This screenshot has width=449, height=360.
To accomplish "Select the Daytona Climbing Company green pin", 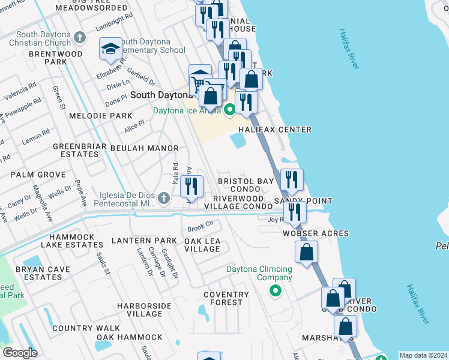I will point(276,291).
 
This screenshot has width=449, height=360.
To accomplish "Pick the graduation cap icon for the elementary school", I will point(110,49).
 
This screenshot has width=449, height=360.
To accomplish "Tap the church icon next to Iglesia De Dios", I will point(164,197).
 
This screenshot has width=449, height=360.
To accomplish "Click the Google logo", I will point(20,353).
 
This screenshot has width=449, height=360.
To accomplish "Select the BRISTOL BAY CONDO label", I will point(246,185).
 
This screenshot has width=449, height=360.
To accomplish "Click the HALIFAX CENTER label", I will point(275,130).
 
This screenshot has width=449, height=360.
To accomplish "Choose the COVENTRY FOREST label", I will point(226,298).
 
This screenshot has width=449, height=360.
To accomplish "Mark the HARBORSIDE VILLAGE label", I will point(136,309).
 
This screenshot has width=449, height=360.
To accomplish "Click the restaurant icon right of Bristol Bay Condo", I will point(292,179).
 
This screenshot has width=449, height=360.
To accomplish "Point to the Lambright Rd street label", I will point(114,22).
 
